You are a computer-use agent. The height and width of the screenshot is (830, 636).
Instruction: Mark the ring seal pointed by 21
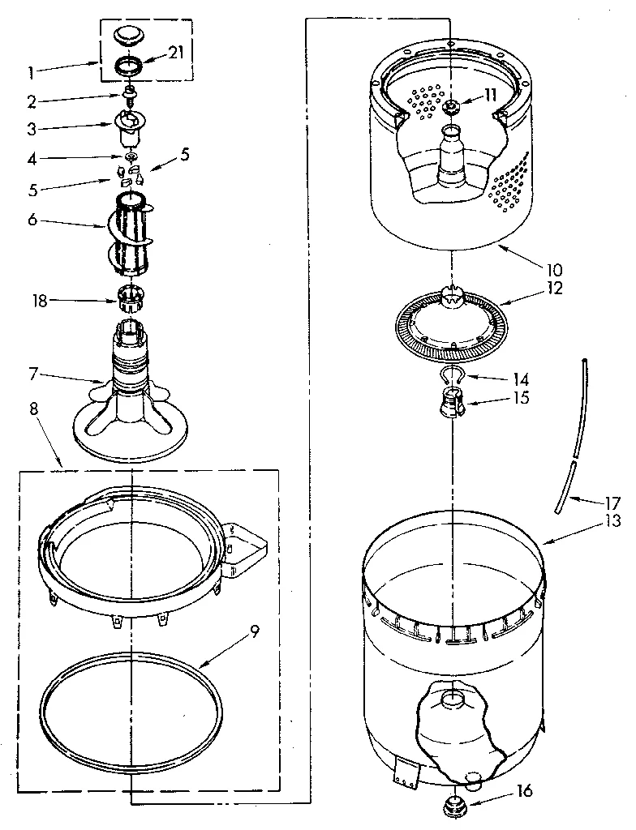pyautogui.click(x=131, y=66)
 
